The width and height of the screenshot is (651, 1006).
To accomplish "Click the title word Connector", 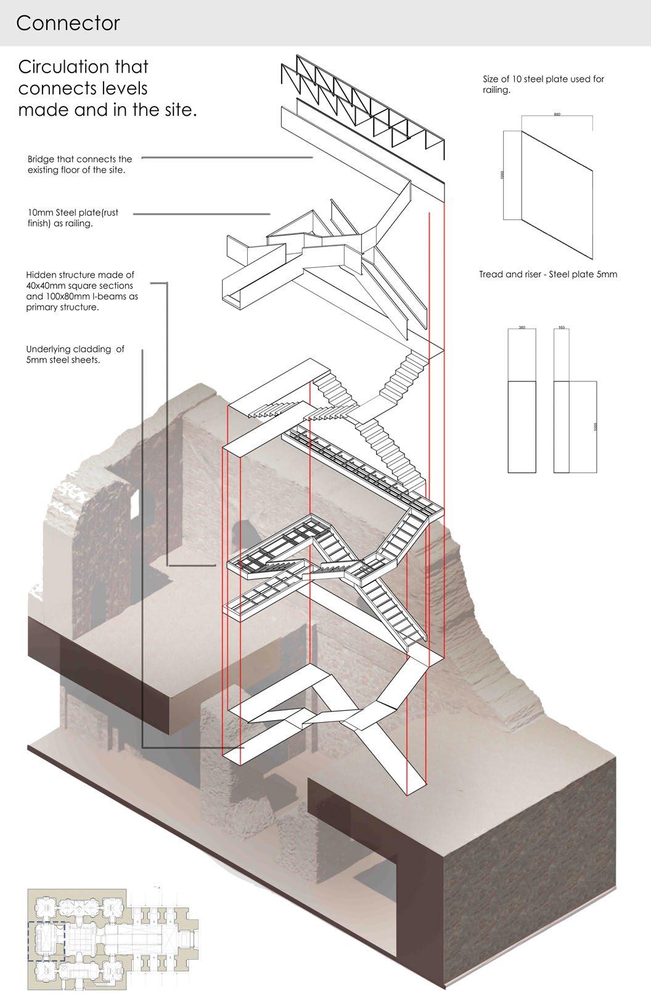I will [68, 23].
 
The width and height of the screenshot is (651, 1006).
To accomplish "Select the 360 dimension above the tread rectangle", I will [522, 327].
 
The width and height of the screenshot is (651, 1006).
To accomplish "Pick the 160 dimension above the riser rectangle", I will [561, 327].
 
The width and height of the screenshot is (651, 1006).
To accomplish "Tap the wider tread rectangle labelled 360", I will [522, 427].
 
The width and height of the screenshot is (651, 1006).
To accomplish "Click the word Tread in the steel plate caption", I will [492, 275].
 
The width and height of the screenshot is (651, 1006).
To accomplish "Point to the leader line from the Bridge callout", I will [228, 158].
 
